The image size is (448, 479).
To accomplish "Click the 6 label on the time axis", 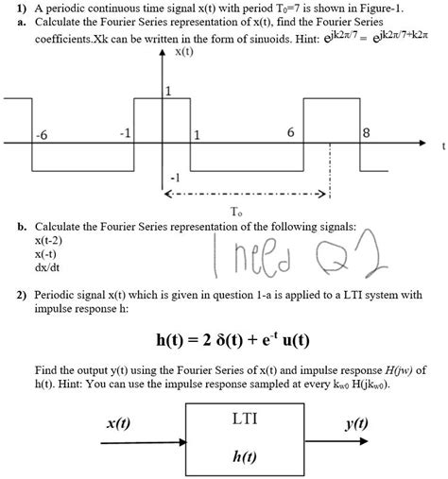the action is [290, 132].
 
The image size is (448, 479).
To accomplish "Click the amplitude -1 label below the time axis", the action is [172, 177].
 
